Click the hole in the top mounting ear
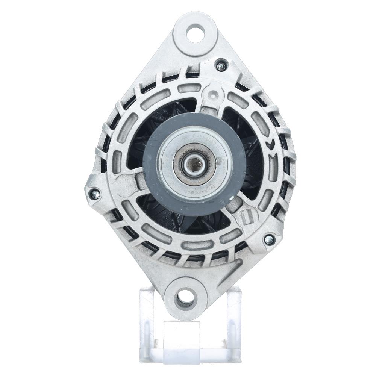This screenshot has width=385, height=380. coord(195,33)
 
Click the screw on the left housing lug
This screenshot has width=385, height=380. coord(95,194)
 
